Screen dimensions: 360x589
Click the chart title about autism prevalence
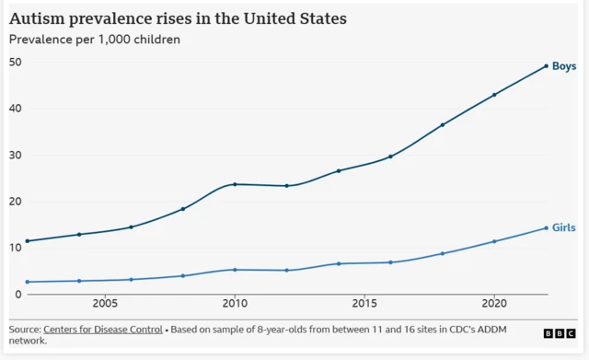[179, 17]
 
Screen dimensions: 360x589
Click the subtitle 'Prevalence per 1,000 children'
[95, 40]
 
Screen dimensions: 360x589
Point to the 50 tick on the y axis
[16, 63]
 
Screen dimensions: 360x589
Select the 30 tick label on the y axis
[16, 156]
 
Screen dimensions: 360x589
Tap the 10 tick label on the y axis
[16, 248]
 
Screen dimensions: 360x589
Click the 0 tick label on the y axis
[18, 295]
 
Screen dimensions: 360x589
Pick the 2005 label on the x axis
[105, 303]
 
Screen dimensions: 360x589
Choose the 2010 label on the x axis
[235, 303]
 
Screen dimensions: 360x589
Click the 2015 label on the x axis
[364, 303]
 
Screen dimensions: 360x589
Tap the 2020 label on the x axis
[494, 303]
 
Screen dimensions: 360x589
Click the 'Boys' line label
[564, 66]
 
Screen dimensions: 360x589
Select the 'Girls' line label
[564, 227]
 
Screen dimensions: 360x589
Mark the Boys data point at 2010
[235, 184]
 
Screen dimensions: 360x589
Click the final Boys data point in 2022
[547, 66]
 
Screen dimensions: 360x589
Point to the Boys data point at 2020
[494, 95]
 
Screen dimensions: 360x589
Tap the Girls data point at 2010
[235, 270]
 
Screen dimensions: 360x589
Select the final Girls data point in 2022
[547, 228]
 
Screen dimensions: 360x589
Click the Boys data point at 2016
[390, 157]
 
